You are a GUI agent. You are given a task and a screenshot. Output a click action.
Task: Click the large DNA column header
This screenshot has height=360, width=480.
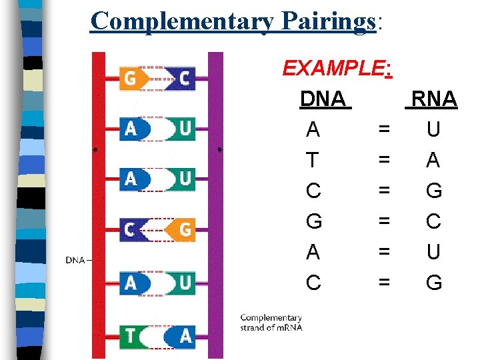[x=323, y=99]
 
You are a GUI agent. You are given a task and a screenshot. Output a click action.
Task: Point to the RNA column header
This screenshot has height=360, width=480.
[x=433, y=99]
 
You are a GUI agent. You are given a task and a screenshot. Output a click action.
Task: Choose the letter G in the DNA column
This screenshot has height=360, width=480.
[x=313, y=221]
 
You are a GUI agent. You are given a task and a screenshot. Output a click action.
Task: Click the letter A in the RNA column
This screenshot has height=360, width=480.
[x=433, y=161]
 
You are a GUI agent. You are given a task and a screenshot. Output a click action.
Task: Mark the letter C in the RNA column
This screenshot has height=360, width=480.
[x=433, y=221]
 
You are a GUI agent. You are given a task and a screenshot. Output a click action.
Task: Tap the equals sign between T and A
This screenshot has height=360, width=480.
[x=383, y=161]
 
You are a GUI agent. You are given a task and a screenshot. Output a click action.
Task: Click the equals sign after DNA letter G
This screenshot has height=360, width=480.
[x=383, y=221]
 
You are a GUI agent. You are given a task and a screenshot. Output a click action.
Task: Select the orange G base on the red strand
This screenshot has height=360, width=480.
[x=132, y=78]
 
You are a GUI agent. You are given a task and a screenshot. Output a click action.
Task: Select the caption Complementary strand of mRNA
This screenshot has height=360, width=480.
[x=271, y=323]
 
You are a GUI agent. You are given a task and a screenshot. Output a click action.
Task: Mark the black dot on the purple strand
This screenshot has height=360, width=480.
[x=220, y=149]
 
